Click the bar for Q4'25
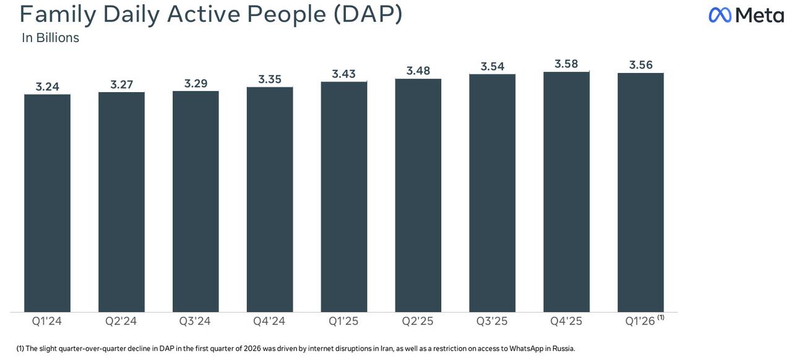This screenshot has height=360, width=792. coord(566,192)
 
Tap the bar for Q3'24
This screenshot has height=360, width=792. coord(196,202)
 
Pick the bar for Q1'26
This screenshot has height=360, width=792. coord(640,192)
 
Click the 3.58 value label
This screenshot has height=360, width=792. coord(566,64)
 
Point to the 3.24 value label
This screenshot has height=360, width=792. coord(48,87)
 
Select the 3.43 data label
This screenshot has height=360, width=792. coord(344,74)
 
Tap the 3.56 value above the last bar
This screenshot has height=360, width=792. coord(641,65)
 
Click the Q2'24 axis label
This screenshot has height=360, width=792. coord(121,321)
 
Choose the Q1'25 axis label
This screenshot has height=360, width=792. coord(343,321)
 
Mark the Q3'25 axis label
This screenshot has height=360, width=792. coord(492,321)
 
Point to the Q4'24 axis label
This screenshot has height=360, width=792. coord(269,321)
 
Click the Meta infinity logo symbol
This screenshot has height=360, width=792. coord(720,15)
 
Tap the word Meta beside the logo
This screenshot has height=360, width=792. coord(760,15)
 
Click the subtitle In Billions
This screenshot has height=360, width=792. coord(51,38)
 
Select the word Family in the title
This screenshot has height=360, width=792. coord(58,14)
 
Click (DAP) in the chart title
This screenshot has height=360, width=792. coord(368,14)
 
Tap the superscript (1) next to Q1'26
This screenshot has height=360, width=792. coord(661,317)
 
